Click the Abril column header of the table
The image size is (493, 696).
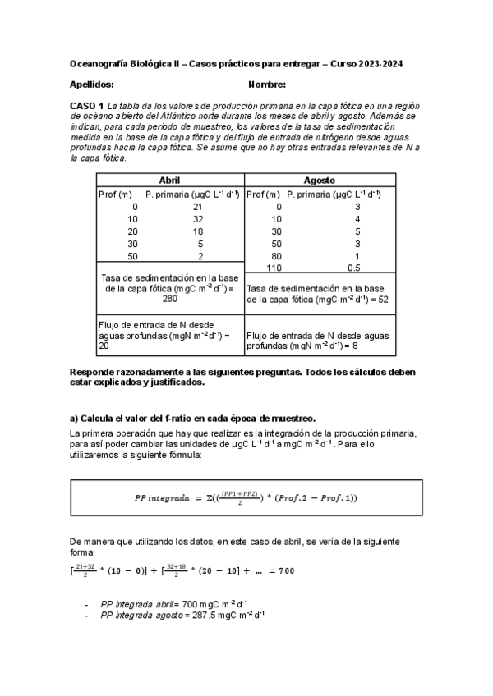(x=170, y=181)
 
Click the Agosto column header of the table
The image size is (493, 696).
(x=320, y=181)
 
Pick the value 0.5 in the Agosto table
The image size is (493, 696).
(x=353, y=268)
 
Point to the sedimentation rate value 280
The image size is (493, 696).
(x=170, y=300)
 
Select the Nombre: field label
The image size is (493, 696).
(x=266, y=85)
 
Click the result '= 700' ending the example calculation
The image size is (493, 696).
(x=279, y=570)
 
